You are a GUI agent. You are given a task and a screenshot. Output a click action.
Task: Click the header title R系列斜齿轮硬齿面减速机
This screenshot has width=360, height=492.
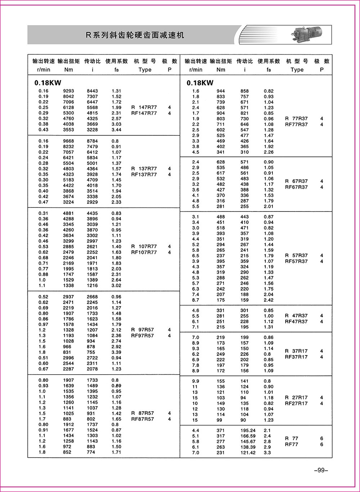pos(135,35)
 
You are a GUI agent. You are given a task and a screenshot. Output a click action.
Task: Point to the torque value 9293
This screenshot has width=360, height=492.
pos(68,91)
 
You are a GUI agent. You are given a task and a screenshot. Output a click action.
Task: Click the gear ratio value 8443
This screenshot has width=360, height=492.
pos(92,91)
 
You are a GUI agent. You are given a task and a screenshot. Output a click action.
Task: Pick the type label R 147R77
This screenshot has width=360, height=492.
pos(144,107)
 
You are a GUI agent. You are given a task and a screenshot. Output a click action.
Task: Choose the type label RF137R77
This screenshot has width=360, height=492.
pos(144,174)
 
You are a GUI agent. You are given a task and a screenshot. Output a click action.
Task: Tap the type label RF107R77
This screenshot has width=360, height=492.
pos(144,252)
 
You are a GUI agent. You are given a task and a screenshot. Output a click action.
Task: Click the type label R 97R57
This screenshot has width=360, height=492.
pos(143,330)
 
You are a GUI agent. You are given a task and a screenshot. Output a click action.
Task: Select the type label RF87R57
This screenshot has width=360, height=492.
pos(143,419)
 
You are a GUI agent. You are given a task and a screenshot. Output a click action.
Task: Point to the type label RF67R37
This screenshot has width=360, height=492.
pos(296,187)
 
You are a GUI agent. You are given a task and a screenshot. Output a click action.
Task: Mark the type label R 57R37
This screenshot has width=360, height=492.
pos(296,255)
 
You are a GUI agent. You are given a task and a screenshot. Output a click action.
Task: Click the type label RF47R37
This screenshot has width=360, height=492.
pos(296,321)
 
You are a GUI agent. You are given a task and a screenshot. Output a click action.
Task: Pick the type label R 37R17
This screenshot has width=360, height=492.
pos(296,351)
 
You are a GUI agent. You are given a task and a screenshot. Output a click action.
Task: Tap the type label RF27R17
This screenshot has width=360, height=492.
pos(296,403)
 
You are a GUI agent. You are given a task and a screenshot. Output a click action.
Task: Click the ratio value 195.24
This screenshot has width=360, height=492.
pos(248,430)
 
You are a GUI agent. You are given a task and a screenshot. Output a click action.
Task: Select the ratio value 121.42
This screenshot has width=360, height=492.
pos(248,452)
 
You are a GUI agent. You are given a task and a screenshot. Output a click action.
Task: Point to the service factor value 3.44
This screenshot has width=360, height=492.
pos(116,130)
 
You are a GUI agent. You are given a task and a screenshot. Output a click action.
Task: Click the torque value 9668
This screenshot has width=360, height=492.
pos(68,141)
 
